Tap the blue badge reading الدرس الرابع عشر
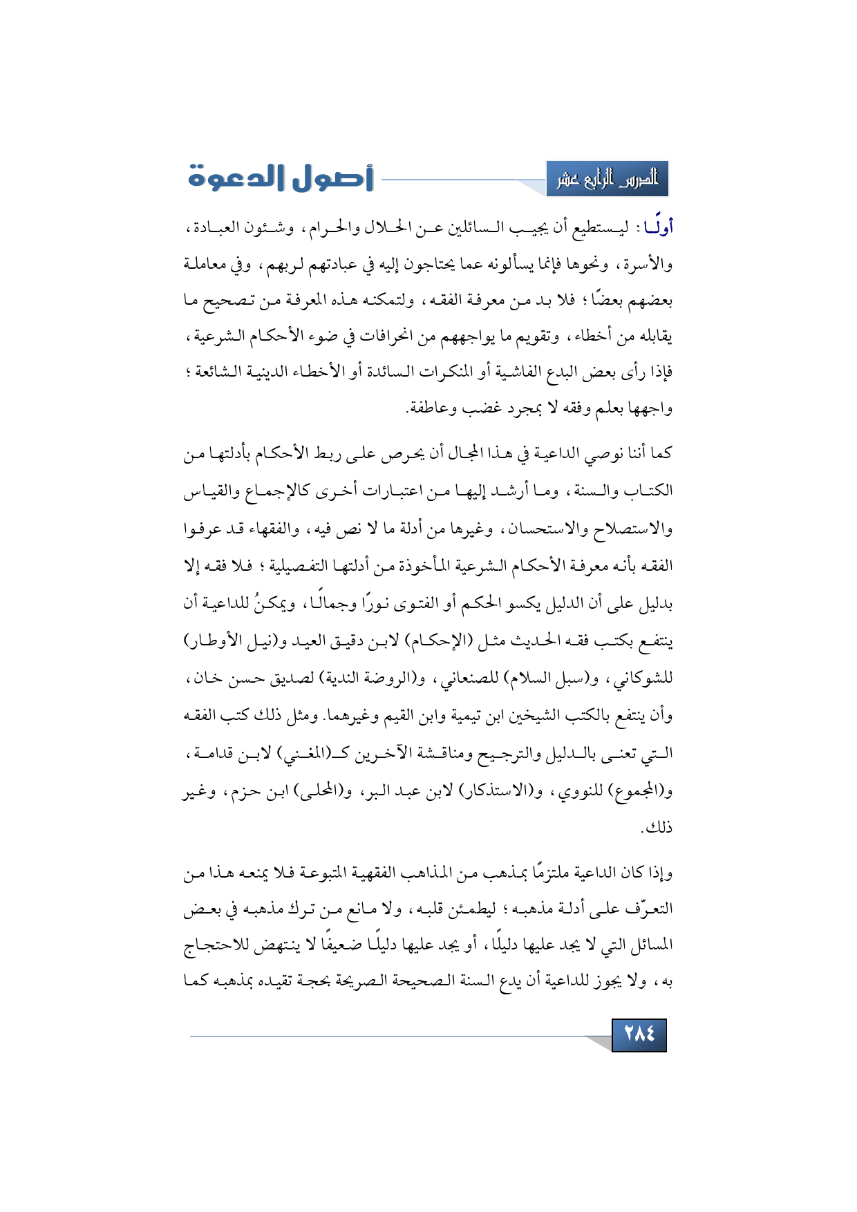[x=607, y=179]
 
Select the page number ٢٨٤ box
[x=639, y=1034]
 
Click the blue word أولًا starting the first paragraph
[x=658, y=227]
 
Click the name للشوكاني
[x=646, y=678]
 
